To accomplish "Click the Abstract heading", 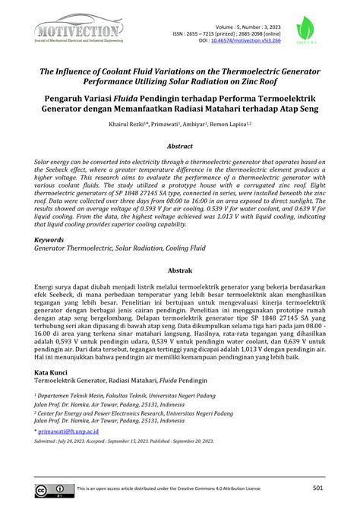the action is [180, 146].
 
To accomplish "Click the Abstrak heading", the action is [180, 270].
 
